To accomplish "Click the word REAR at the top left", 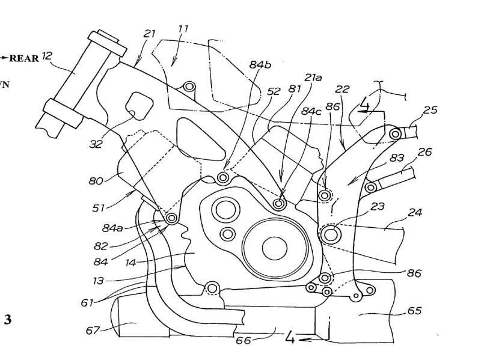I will point(24,58).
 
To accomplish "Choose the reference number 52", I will point(274,91).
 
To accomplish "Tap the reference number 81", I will point(294,88).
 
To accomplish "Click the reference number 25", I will point(429,110).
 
